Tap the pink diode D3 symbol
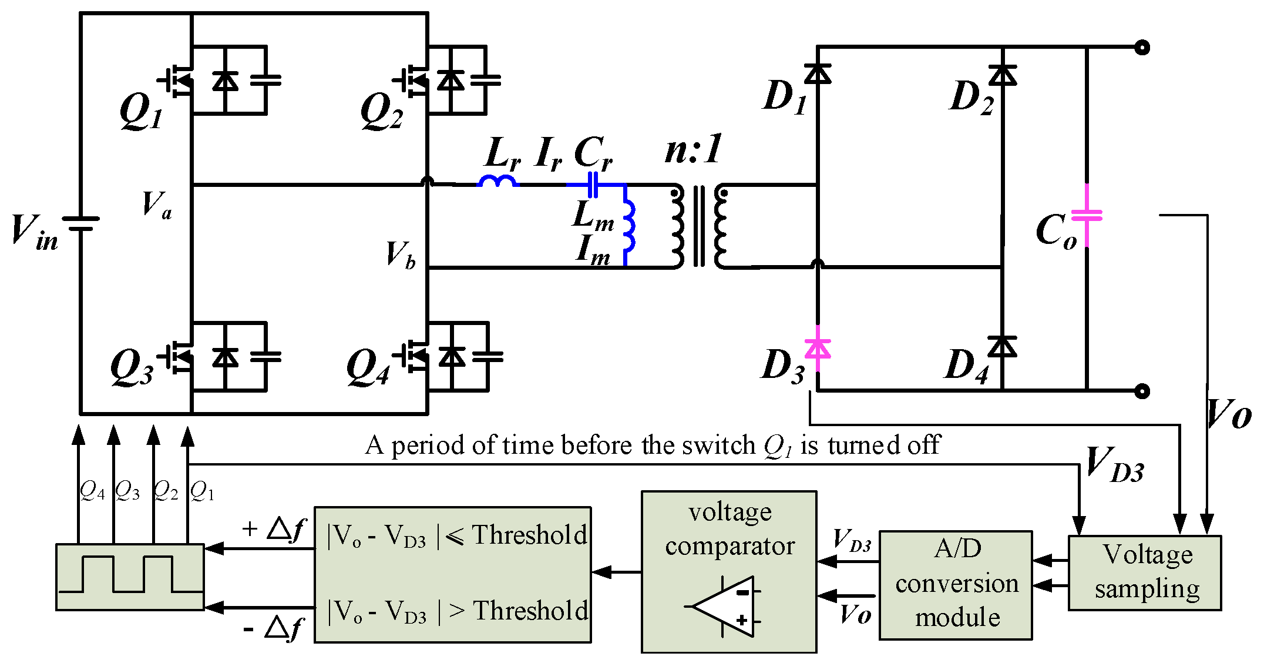tap(817, 349)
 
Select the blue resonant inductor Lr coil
tap(499, 181)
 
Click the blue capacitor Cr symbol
tap(593, 185)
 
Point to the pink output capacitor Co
tap(1087, 215)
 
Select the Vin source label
tap(34, 231)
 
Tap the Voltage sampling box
tap(1144, 572)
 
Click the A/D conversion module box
tap(956, 584)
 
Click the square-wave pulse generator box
tap(130, 577)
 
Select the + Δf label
tap(274, 529)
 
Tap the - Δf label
tap(273, 628)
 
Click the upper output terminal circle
tap(1142, 48)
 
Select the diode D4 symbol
tap(1002, 347)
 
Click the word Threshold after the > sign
tap(530, 611)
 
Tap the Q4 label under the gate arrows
tap(92, 490)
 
